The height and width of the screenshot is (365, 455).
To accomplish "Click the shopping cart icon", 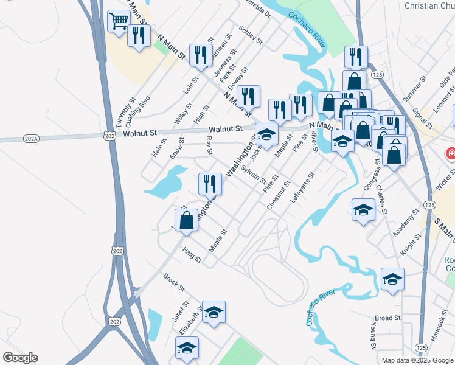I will click(119, 20).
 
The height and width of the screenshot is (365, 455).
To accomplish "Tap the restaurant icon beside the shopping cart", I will click(139, 35).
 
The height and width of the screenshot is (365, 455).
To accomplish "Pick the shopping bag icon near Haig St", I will click(187, 220).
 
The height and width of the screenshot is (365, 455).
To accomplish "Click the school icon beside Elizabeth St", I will click(214, 313).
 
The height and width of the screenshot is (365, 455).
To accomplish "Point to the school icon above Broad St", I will click(392, 279).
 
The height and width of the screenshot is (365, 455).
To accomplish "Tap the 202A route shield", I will click(31, 139).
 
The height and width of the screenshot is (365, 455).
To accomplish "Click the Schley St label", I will click(251, 35).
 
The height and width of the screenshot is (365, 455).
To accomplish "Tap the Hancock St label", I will click(439, 325).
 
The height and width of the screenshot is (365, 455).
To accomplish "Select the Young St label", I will click(371, 336).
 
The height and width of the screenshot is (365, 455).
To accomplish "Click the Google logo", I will click(20, 358).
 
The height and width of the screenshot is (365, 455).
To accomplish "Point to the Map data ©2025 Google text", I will click(417, 360).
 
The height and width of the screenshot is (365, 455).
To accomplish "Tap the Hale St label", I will click(159, 148).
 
